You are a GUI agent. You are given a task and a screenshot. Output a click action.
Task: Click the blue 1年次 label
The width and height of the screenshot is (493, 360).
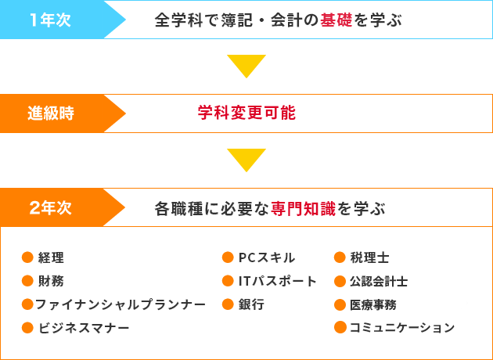click(50, 20)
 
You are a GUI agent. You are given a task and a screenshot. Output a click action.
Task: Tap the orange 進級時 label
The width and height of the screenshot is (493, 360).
click(51, 113)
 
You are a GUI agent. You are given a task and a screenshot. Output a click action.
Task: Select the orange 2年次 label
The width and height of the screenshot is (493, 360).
click(50, 208)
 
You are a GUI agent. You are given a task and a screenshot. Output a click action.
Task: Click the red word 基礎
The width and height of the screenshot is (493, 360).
click(336, 20)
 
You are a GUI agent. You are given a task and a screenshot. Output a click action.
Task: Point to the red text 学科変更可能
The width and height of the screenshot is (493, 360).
click(246, 113)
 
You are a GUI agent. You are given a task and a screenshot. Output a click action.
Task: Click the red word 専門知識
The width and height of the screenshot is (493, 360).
click(304, 208)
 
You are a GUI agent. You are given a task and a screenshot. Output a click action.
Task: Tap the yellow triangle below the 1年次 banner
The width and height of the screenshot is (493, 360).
click(246, 67)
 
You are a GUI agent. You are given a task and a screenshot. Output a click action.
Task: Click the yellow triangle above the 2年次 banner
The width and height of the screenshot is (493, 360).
click(246, 160)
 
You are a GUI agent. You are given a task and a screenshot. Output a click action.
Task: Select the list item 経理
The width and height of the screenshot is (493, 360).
click(51, 257)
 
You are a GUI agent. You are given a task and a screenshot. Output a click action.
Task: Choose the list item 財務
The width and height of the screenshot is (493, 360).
click(51, 281)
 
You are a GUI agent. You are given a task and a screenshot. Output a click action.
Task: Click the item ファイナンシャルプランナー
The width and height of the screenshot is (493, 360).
click(121, 304)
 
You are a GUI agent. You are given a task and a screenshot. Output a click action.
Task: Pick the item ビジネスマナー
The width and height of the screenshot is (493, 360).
click(84, 328)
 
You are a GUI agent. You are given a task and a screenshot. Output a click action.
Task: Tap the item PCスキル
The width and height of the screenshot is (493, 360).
click(267, 257)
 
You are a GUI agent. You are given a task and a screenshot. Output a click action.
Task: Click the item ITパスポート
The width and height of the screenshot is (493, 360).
click(278, 281)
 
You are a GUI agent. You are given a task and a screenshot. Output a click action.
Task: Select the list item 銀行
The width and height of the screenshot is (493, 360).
click(251, 304)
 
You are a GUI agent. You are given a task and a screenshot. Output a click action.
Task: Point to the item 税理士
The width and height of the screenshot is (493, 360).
click(369, 257)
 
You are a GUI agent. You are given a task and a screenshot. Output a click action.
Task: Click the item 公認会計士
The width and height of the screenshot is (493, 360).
click(379, 281)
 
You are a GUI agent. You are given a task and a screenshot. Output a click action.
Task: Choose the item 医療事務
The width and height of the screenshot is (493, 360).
click(373, 304)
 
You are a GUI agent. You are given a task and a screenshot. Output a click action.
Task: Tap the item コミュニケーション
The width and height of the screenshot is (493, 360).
click(402, 328)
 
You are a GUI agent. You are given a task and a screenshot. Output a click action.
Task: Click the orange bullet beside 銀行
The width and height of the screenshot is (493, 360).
click(228, 304)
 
